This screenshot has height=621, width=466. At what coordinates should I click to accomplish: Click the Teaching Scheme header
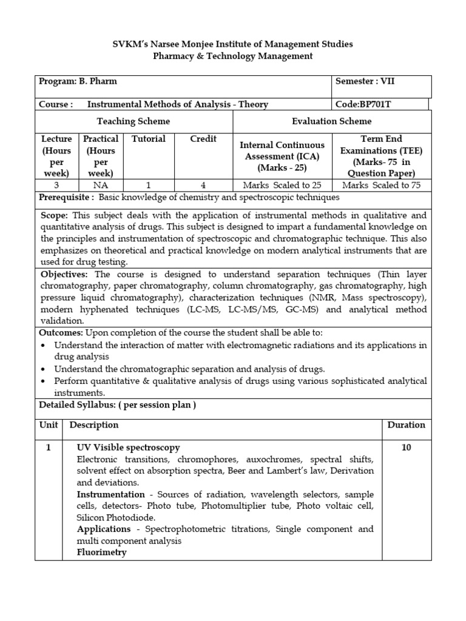pos(133,121)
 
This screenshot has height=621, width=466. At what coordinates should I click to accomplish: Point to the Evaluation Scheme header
pos(331,121)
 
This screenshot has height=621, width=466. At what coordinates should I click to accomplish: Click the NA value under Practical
pos(101,185)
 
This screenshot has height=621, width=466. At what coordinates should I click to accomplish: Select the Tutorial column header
pos(149,139)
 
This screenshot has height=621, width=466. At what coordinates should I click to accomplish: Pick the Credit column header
pos(203,139)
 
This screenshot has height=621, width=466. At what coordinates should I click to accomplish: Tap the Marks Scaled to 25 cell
pos(282,185)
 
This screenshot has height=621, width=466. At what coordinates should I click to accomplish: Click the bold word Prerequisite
pos(66,198)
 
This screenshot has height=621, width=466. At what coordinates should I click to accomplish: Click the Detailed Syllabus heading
pos(118,404)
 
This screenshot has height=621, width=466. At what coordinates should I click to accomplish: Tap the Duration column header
pos(406,425)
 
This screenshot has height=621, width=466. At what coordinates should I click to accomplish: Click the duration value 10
pos(406,448)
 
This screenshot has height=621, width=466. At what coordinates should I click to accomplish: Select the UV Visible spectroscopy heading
pos(128,448)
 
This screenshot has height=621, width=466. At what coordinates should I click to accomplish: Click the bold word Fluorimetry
pos(101,552)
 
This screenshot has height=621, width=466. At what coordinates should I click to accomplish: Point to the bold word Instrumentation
pos(110,494)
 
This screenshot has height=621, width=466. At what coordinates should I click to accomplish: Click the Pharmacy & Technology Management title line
pos(233,56)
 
